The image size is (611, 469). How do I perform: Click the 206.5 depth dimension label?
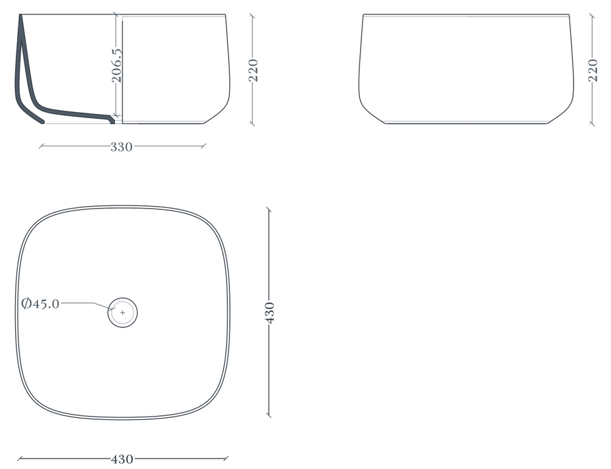click(x=116, y=66)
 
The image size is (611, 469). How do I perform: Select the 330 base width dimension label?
click(x=122, y=147)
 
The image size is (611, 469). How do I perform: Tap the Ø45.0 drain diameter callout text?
click(x=41, y=303)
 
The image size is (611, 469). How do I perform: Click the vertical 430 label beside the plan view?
click(x=269, y=312)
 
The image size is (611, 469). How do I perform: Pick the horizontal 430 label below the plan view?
click(x=122, y=459)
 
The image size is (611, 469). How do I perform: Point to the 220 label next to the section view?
click(x=254, y=70)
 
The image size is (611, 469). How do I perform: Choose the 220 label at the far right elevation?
click(x=593, y=70)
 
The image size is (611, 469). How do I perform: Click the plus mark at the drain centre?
click(x=123, y=313)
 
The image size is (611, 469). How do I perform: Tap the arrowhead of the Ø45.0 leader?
click(x=112, y=309)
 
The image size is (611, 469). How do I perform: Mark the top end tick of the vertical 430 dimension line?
click(x=269, y=210)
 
